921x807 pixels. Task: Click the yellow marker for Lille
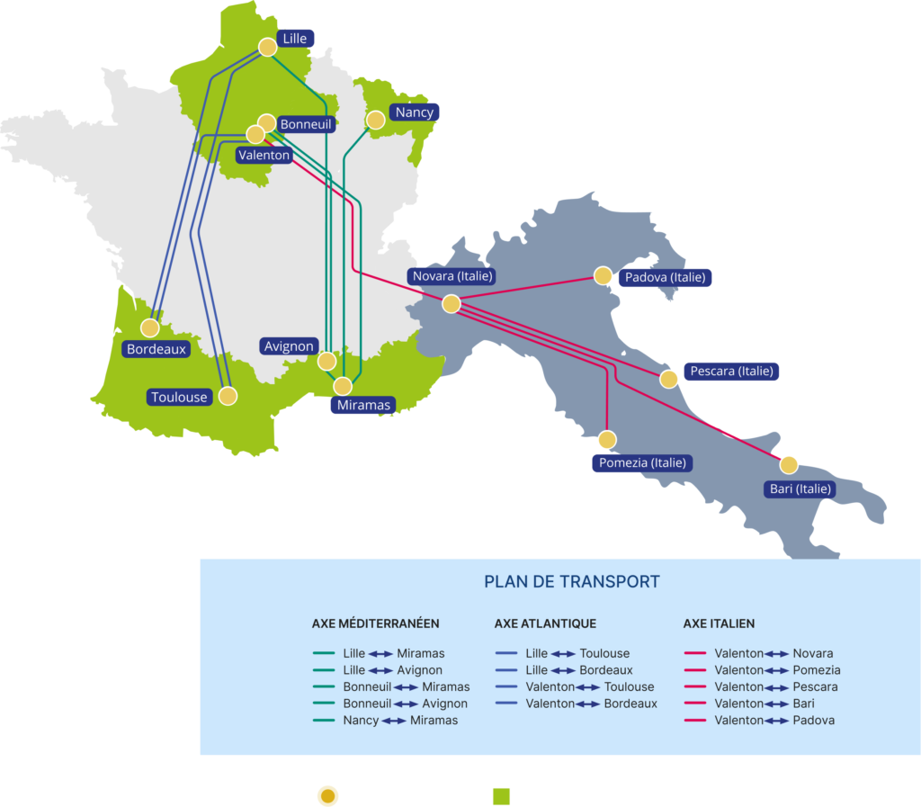267,47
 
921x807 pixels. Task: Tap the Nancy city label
414,112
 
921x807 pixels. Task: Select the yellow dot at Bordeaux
150,328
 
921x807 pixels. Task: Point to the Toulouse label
179,397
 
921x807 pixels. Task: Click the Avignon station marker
326,362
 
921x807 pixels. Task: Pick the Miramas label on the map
363,405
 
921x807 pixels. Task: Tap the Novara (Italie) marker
452,304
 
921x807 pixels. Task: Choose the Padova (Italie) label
665,277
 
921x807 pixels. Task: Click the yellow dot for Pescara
668,379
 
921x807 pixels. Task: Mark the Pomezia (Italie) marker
607,440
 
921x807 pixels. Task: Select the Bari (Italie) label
800,489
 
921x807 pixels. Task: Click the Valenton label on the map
264,155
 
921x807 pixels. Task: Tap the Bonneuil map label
306,124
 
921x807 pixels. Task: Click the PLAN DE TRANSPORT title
571,582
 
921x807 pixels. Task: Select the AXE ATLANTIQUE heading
545,623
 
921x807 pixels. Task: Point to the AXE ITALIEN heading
719,623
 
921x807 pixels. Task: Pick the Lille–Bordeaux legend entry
578,670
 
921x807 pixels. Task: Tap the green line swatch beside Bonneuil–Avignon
323,704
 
